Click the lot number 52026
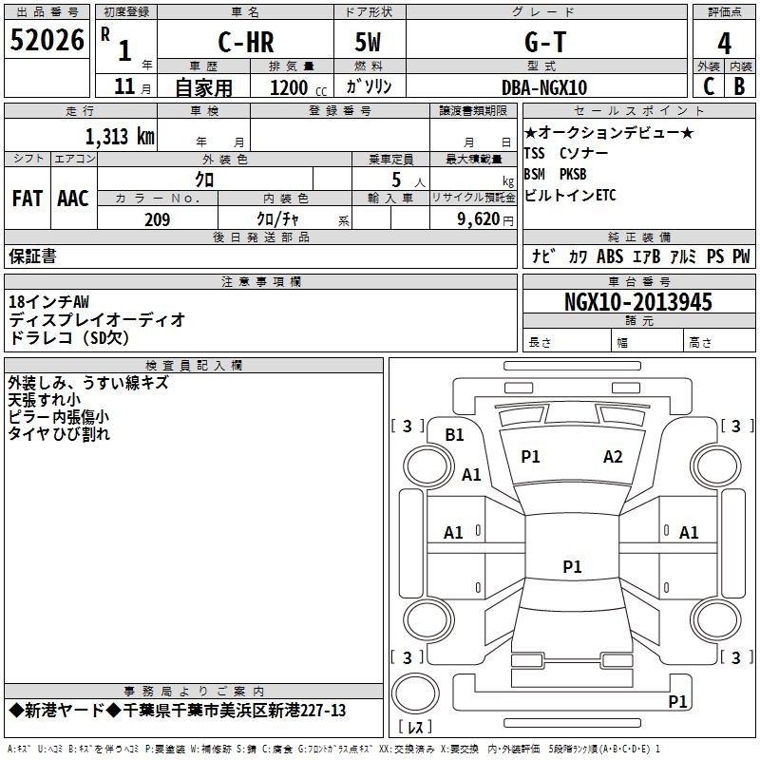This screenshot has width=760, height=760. click(47, 40)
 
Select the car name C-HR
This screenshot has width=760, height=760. click(246, 42)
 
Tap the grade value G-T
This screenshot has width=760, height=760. click(545, 42)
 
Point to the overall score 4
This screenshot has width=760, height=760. click(724, 44)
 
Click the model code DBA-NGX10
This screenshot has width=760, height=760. click(544, 87)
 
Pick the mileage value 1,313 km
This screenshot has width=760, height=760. click(121, 137)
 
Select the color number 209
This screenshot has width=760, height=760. click(157, 219)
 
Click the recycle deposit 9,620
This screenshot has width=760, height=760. click(479, 219)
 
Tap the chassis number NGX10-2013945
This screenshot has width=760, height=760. click(638, 302)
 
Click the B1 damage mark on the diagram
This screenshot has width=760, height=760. click(454, 435)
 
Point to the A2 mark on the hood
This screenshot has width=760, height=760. click(613, 457)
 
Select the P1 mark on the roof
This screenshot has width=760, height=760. click(572, 566)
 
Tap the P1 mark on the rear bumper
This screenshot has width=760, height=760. click(677, 701)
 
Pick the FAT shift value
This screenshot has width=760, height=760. click(28, 199)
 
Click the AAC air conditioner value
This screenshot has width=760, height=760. click(73, 199)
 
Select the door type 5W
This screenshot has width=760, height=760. click(368, 42)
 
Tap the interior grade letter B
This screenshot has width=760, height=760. click(739, 86)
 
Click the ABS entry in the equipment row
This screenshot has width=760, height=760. click(610, 256)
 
